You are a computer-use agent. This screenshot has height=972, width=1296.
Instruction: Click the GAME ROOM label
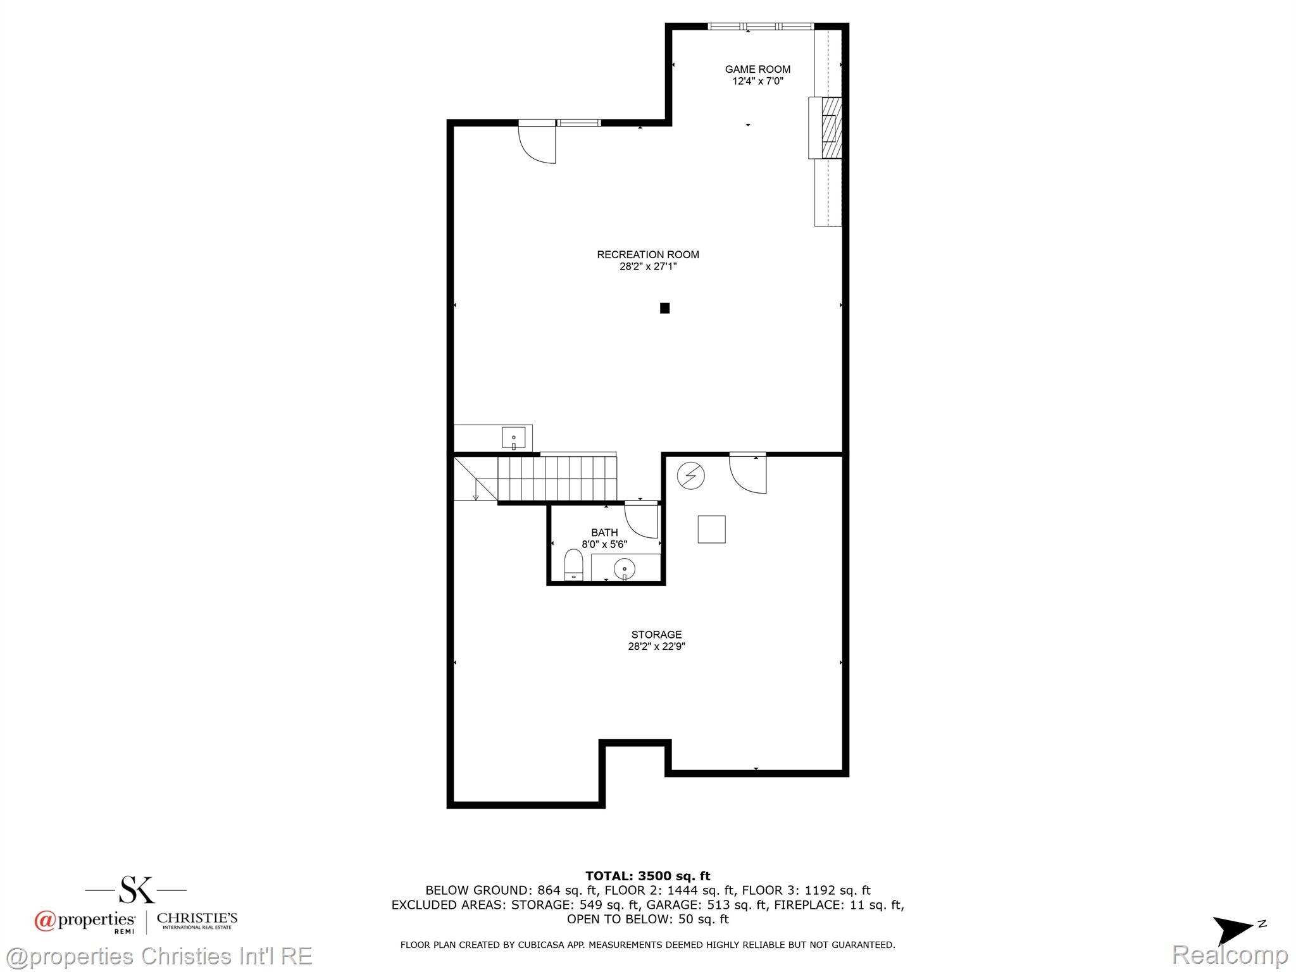pos(757,69)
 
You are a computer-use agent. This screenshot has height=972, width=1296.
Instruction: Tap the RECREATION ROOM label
pos(648,254)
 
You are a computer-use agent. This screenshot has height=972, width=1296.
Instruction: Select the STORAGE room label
pos(656,634)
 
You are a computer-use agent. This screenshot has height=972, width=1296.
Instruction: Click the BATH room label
pos(604,532)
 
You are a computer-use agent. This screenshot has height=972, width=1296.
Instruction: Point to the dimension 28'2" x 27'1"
pos(648,267)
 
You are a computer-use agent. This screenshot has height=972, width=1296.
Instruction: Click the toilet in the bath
pos(573,565)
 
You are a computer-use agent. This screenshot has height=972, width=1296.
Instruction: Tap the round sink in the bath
pos(625,568)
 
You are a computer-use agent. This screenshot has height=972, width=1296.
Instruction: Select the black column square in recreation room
pos(664,308)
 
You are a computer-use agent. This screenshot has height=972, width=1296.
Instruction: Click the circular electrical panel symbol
pos(690,475)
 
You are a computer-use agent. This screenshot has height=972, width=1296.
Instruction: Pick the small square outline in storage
pos(711,529)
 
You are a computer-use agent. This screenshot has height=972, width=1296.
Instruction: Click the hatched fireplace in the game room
pos(831,127)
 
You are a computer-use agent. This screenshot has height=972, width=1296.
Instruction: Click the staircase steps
pos(557,478)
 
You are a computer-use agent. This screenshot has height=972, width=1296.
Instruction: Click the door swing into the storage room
pos(749,474)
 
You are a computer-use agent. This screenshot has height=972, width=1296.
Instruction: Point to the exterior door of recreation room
pos(537,143)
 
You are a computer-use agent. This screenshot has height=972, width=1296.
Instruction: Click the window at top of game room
pos(760,27)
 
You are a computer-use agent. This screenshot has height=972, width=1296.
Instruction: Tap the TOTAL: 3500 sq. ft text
pos(647,876)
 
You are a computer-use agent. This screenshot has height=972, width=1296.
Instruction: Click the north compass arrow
pos(1233,930)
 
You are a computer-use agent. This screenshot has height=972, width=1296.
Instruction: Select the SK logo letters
pos(137,889)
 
